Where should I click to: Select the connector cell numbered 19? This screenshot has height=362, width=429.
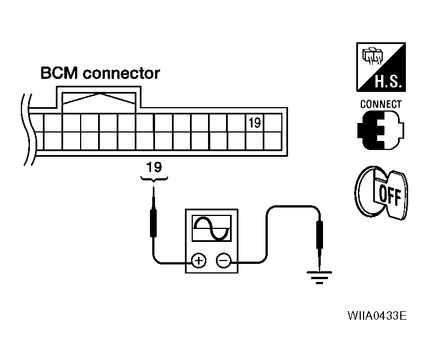pos(254,122)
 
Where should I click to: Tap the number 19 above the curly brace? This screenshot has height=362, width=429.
pos(153,167)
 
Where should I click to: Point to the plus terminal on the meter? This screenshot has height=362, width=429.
pos(198,261)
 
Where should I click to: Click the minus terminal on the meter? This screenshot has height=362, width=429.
pos(224,261)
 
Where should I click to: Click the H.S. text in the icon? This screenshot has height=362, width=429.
pos(387,83)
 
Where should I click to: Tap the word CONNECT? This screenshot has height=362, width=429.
pos(381,104)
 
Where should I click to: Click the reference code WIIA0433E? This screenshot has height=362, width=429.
pos(376,330)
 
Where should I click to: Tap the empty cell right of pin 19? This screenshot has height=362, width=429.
pos(272,122)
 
